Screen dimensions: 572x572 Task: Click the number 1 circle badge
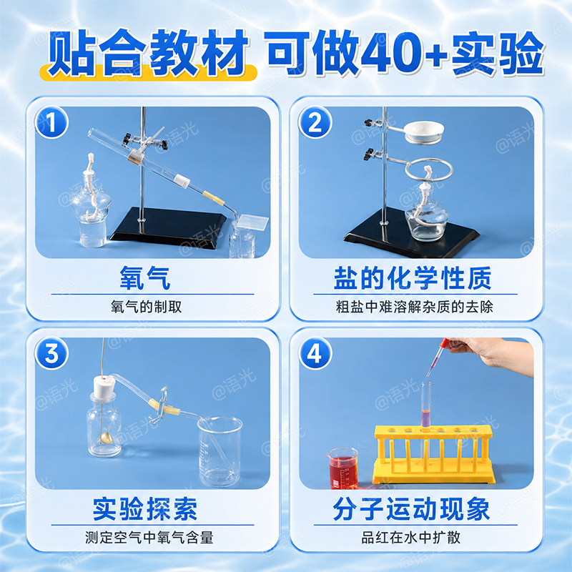(x=51, y=122)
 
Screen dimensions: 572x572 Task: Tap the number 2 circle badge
(x=315, y=122)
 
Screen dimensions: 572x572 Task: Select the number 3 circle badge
(x=51, y=353)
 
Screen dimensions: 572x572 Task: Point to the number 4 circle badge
(x=315, y=353)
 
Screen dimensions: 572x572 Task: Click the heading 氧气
(x=145, y=278)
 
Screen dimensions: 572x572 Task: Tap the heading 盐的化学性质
(x=413, y=278)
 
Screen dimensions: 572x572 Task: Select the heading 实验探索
(x=145, y=509)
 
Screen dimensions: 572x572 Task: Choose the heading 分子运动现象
(x=411, y=509)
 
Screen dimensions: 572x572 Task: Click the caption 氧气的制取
(x=146, y=307)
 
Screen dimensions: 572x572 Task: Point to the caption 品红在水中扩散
(x=411, y=538)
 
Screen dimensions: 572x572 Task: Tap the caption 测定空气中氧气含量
(x=149, y=538)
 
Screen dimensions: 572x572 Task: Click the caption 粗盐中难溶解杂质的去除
(x=415, y=307)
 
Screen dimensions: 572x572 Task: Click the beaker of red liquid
(x=343, y=468)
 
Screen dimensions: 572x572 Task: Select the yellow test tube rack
(x=434, y=454)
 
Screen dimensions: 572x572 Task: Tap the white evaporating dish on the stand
(x=424, y=132)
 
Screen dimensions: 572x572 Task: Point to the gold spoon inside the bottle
(x=107, y=438)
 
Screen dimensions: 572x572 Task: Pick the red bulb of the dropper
(x=443, y=343)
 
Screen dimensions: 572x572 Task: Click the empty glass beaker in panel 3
(x=220, y=452)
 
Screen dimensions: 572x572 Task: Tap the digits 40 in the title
(x=392, y=52)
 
